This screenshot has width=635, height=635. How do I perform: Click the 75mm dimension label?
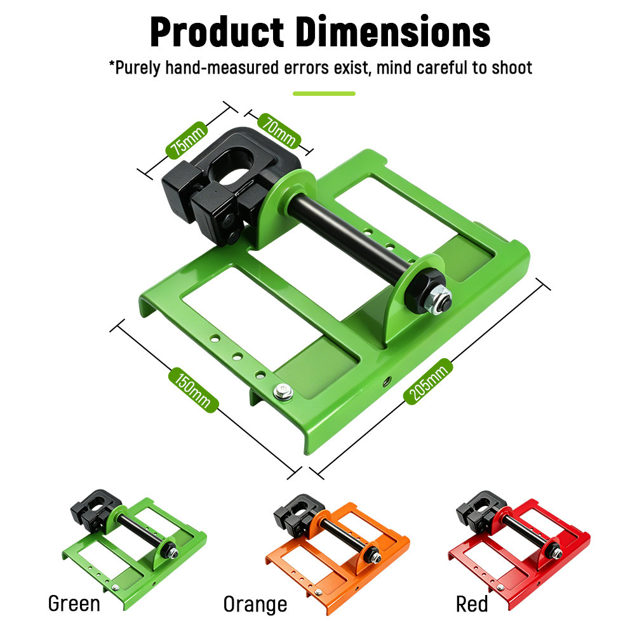(187, 140)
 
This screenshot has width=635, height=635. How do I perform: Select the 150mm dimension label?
(194, 390)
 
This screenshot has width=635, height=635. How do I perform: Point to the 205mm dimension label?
(428, 381)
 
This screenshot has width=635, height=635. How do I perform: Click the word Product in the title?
(217, 32)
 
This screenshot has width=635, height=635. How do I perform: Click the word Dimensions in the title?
(393, 32)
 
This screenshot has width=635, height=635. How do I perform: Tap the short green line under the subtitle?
(324, 93)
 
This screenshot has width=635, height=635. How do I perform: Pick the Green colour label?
(74, 604)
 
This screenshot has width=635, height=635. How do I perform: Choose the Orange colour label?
(255, 605)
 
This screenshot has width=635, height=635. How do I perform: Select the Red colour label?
(472, 605)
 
